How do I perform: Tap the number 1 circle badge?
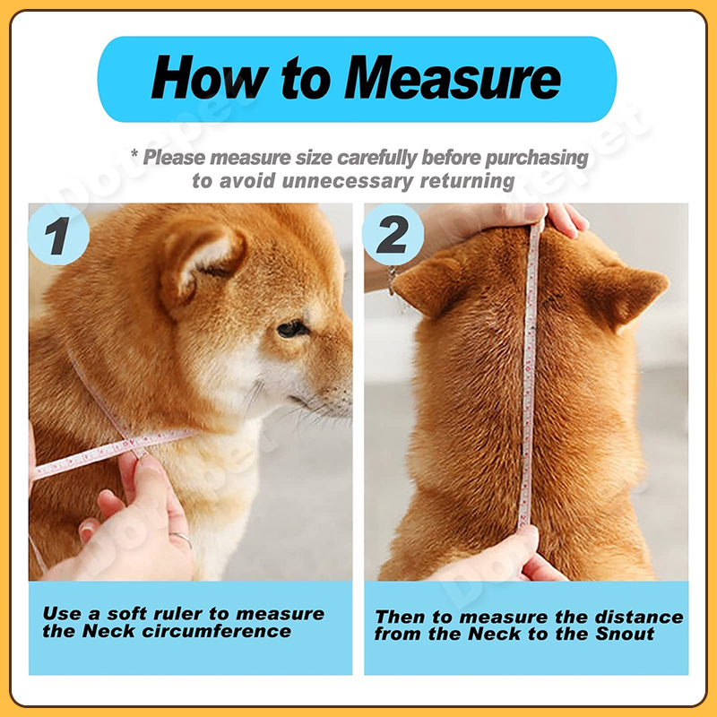pos(58,234)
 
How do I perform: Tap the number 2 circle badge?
pos(393,234)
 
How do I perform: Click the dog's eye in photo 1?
pos(291,328)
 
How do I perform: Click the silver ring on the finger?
pos(182,539)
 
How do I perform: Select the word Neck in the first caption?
pos(108,632)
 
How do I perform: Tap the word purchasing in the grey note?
pos(536,158)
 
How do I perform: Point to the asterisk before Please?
pos(134,153)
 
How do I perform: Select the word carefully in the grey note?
pos(377,158)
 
